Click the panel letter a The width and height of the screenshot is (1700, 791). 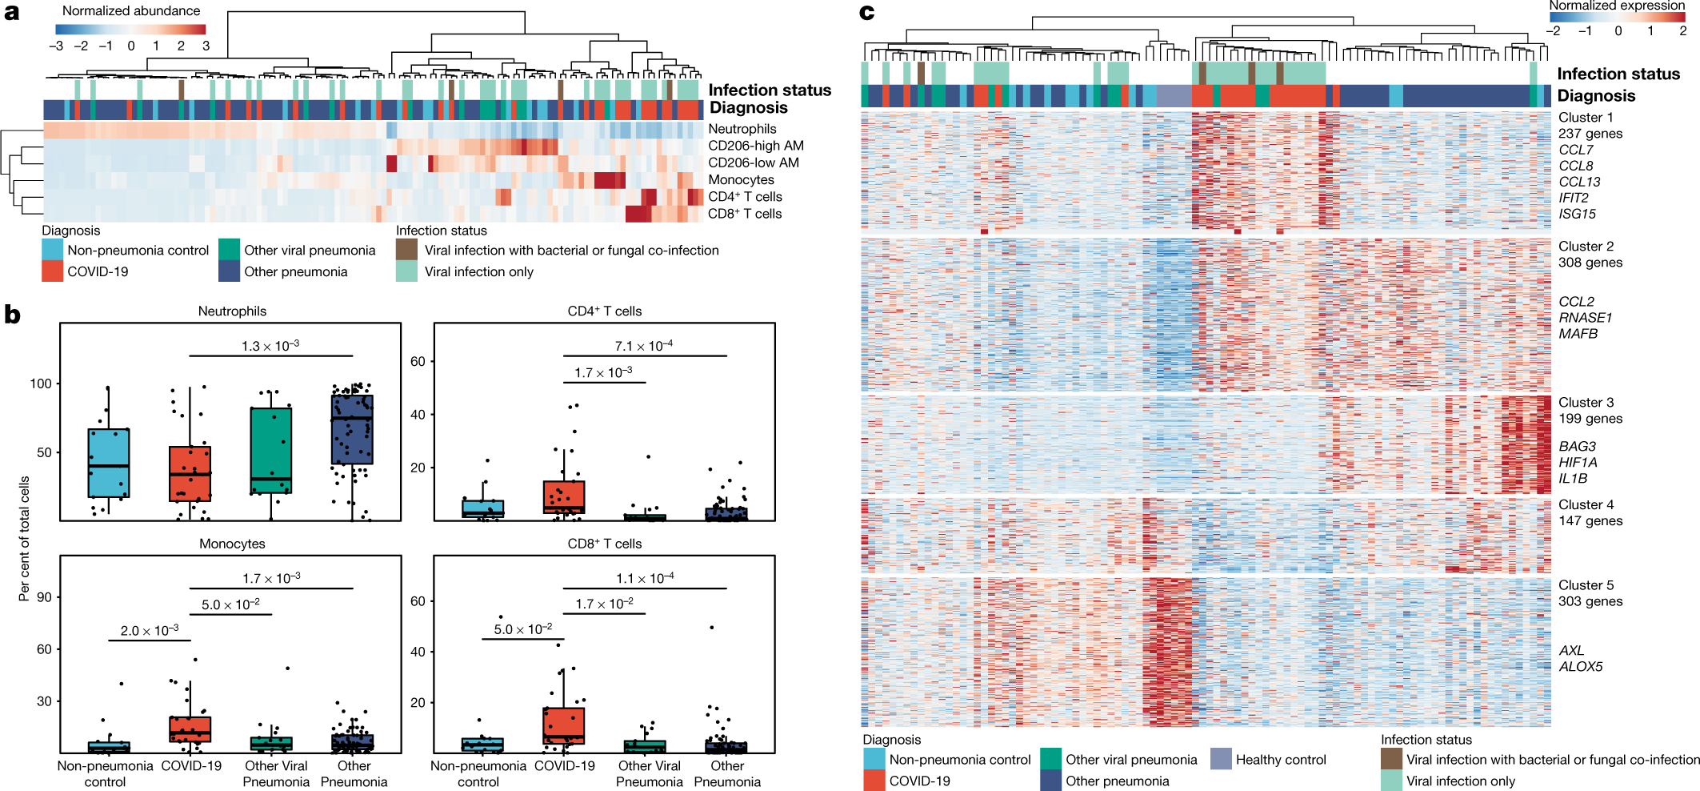point(11,13)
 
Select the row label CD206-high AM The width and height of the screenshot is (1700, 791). point(755,146)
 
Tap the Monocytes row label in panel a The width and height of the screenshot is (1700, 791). point(741,180)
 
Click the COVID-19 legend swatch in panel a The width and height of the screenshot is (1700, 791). point(52,271)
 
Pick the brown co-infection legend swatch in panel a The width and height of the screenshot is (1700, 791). point(406,250)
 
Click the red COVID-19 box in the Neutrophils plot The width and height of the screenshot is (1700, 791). point(190,474)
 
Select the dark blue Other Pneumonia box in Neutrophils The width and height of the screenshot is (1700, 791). point(352,430)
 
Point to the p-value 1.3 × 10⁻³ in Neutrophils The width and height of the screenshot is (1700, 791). point(270,346)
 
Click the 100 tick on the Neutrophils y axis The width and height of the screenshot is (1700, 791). point(41,383)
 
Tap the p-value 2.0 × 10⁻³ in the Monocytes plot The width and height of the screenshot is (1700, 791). point(150,631)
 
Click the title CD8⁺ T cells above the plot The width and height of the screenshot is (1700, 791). point(604,544)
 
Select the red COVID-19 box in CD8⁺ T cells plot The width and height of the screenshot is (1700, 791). point(564,725)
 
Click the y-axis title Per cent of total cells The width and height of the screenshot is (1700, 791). point(24,539)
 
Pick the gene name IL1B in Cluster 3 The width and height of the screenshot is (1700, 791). point(1572,479)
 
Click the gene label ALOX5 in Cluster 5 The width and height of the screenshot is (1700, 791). point(1580,667)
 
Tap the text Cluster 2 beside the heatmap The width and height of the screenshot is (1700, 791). point(1586,247)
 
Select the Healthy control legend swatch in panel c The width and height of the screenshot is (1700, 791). point(1221,759)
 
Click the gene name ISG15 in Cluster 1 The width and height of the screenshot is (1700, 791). point(1577,214)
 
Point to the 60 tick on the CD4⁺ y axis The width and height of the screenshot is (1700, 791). point(418,362)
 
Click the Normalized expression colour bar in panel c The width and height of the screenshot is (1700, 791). point(1618,17)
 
